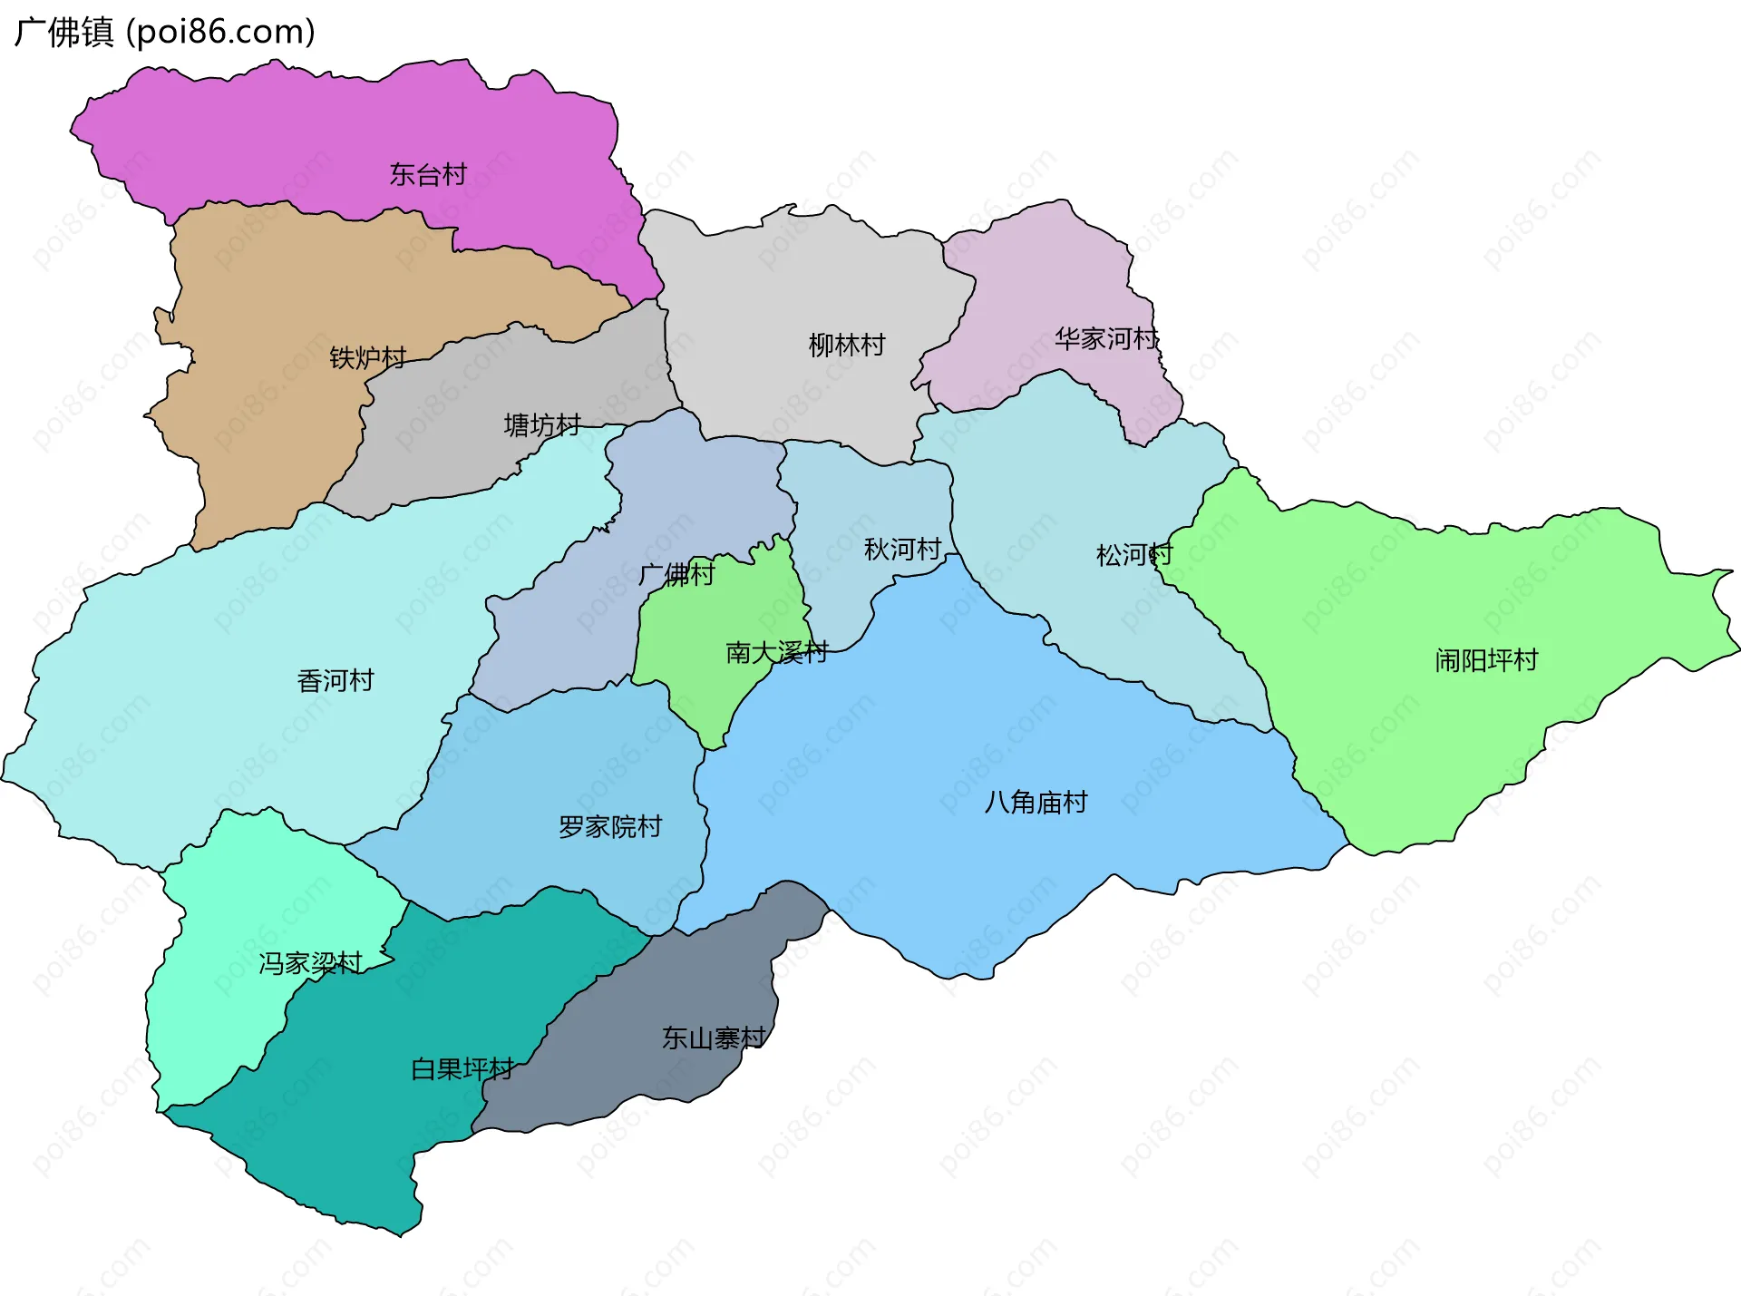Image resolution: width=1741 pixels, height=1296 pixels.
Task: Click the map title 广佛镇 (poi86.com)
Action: point(164,32)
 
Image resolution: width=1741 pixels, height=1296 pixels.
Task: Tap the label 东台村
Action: point(428,174)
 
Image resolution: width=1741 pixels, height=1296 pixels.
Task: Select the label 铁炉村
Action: point(367,357)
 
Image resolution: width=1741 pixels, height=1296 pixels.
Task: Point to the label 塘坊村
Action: point(542,424)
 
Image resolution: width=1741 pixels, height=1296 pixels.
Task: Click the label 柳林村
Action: point(846,345)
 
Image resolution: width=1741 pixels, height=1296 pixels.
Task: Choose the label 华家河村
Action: point(1106,339)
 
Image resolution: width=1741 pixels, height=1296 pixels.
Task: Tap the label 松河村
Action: point(1133,554)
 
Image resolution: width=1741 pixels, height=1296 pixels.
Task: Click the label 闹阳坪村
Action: point(1486,659)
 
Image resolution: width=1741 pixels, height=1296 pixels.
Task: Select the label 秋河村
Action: point(902,549)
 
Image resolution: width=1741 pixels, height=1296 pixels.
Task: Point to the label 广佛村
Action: point(676,574)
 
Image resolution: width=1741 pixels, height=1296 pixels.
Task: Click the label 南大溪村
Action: point(776,652)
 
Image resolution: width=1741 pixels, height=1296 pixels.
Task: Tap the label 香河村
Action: point(336,680)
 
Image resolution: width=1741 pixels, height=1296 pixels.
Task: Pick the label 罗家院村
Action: point(610,826)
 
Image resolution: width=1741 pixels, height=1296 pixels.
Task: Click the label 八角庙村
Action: point(1036,802)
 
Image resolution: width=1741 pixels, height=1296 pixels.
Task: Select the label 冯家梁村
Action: point(310,962)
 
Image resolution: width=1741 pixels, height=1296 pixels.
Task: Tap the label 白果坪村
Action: point(462,1068)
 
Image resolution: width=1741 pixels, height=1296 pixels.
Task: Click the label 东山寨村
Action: point(714,1038)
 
